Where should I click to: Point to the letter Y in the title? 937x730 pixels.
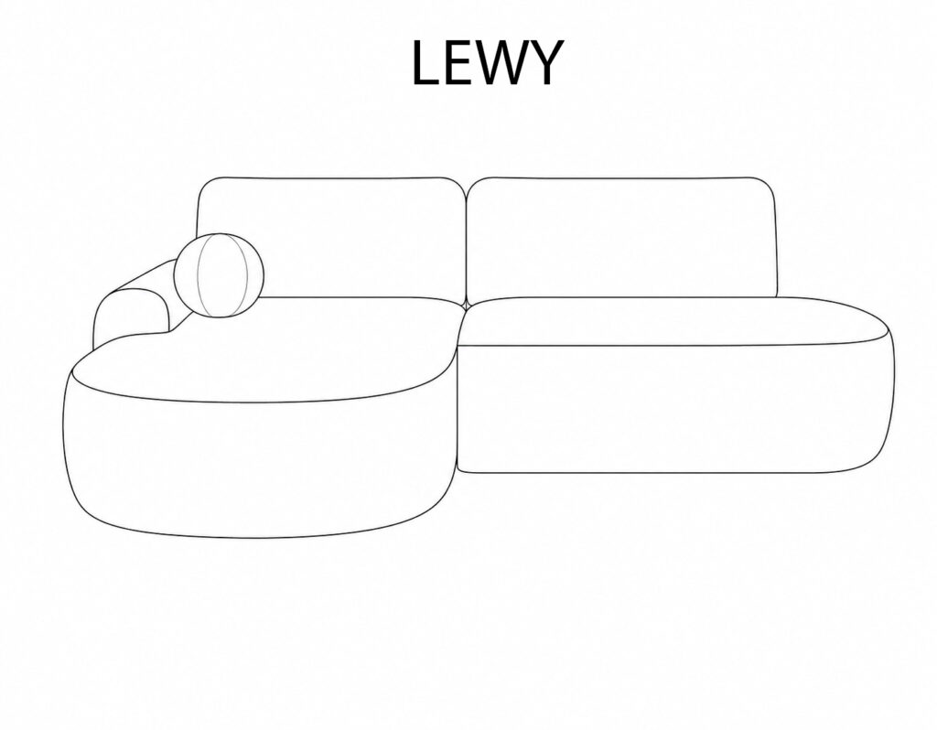tap(544, 63)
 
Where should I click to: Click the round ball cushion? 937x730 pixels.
tap(219, 275)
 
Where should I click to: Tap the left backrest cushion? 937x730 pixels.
tap(331, 238)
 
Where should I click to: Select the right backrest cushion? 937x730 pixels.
tap(621, 238)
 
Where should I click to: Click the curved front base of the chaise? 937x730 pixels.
tap(257, 466)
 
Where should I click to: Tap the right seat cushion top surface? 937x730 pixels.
tap(675, 321)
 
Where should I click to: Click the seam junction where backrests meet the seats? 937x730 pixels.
tap(466, 304)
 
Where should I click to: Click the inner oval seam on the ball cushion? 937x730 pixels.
tap(222, 275)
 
